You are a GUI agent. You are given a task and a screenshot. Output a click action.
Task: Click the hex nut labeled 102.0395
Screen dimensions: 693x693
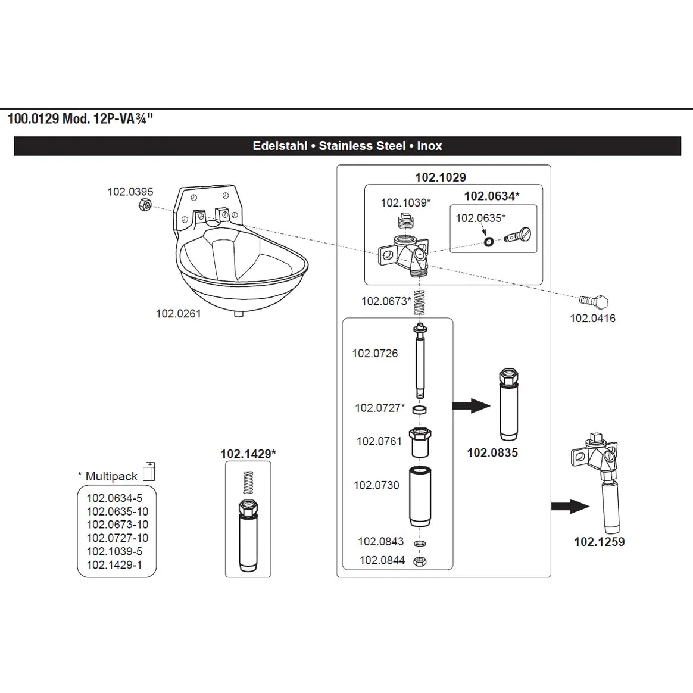tap(145, 205)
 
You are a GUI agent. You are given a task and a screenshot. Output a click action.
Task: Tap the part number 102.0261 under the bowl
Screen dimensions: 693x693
tap(179, 314)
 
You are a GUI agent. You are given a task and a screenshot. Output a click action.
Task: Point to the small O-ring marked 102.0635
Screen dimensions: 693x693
tap(488, 242)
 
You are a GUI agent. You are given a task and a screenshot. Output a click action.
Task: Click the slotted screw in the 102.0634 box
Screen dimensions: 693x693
tap(517, 235)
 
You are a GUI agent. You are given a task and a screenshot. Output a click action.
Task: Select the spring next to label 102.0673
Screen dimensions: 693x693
tap(419, 302)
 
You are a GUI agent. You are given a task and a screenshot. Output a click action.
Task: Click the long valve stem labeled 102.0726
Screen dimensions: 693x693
tap(420, 360)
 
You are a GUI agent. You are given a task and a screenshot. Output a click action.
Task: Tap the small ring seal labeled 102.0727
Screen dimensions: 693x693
tap(419, 410)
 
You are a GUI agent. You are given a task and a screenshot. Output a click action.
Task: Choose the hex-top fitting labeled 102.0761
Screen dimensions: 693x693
tap(420, 442)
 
